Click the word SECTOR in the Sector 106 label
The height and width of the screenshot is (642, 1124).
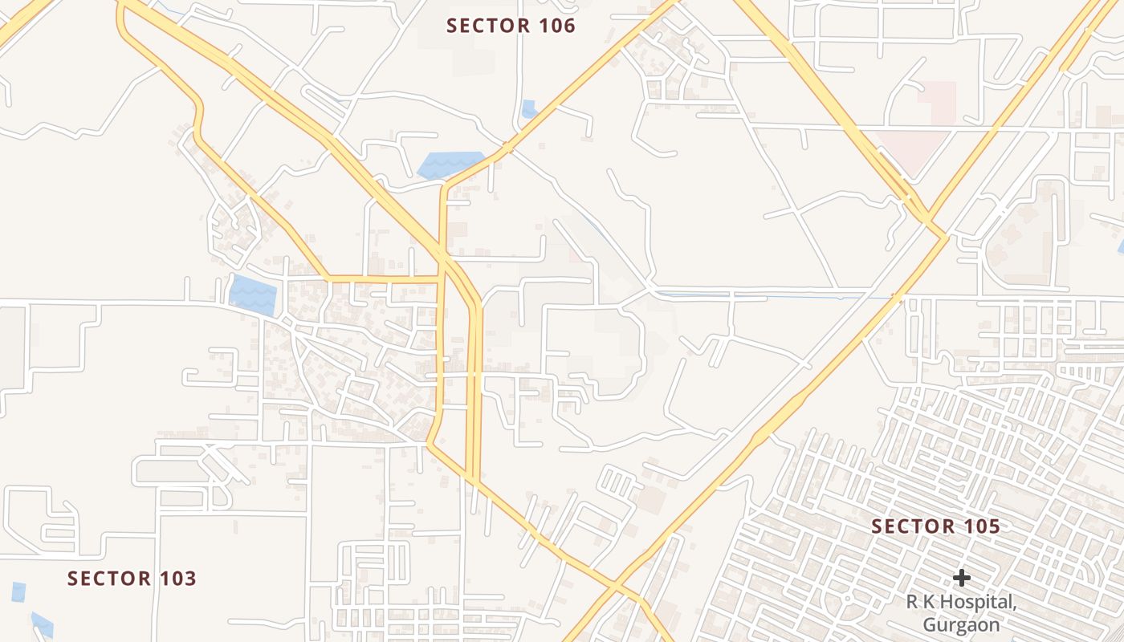click(x=485, y=26)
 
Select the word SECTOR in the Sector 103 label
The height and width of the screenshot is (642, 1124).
click(x=106, y=579)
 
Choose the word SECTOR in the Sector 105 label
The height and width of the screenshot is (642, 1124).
click(x=910, y=527)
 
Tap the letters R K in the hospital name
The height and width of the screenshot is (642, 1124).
click(x=919, y=603)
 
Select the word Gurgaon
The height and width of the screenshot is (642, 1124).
click(x=961, y=625)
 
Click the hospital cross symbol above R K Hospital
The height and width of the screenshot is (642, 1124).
click(x=961, y=578)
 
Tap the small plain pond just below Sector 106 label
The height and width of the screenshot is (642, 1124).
click(x=528, y=108)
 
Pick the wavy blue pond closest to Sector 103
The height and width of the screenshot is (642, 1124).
click(x=253, y=295)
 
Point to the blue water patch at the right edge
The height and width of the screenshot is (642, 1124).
click(x=1120, y=246)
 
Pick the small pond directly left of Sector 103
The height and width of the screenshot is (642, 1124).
click(x=18, y=592)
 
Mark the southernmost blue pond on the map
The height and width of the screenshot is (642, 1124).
click(x=42, y=624)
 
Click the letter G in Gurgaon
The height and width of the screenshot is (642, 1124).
click(x=930, y=625)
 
